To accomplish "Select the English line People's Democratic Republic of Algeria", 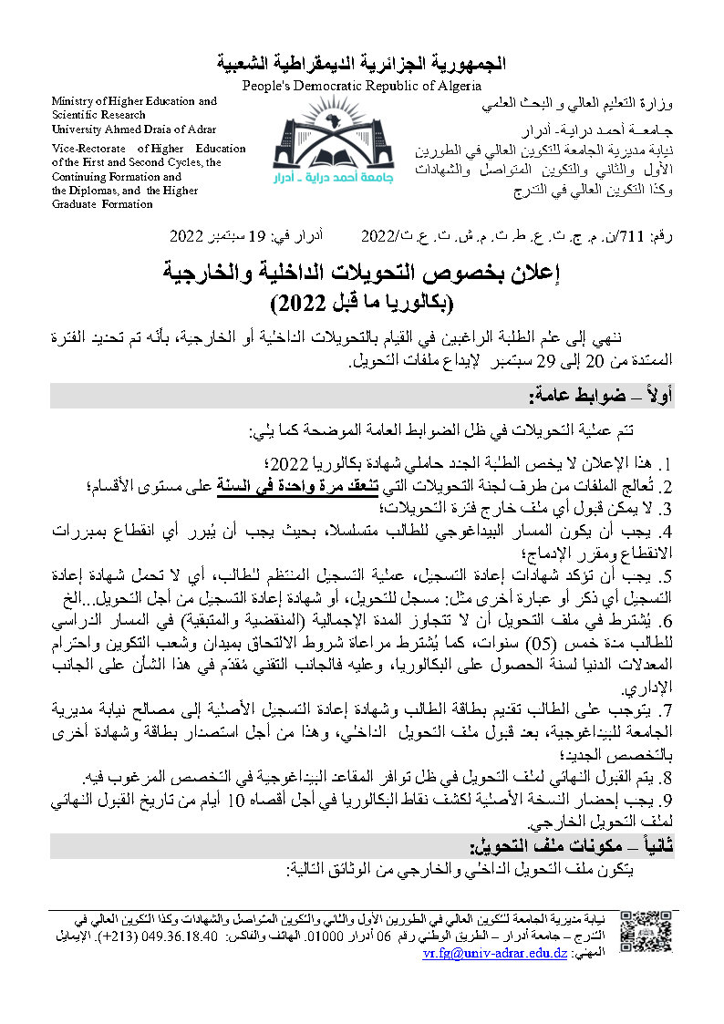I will [x=361, y=85].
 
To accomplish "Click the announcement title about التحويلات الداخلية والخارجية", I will [x=361, y=271].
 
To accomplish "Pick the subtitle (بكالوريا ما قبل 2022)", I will [x=361, y=301].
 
